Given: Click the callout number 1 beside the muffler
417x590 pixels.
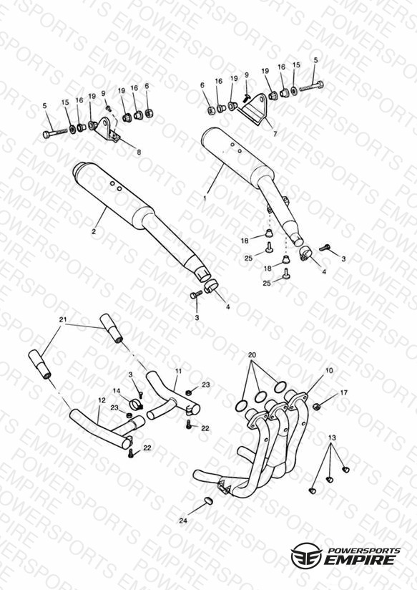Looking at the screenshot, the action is click(205, 197).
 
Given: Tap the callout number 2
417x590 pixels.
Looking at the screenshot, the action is click(94, 231).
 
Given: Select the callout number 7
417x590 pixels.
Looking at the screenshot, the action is click(275, 134).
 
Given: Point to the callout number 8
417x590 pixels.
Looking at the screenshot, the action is click(139, 153).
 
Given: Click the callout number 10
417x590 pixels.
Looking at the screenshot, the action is click(329, 371).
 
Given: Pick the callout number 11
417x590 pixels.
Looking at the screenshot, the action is click(178, 371).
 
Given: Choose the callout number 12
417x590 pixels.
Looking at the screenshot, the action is click(102, 400).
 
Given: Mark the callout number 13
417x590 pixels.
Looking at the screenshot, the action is click(332, 438).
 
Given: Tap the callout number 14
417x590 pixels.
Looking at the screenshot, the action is click(117, 391).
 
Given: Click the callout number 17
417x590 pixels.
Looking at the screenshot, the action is click(343, 393).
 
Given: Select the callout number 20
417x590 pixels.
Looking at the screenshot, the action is click(252, 355).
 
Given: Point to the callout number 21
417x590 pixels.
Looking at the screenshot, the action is click(63, 320).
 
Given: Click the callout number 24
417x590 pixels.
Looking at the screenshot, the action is click(183, 521).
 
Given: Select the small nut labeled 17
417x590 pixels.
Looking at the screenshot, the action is click(317, 407).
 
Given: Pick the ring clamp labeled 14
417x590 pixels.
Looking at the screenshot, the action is click(136, 405).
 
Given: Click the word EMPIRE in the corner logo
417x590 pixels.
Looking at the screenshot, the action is click(361, 559).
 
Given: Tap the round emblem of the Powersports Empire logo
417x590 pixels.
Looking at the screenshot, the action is click(307, 555).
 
